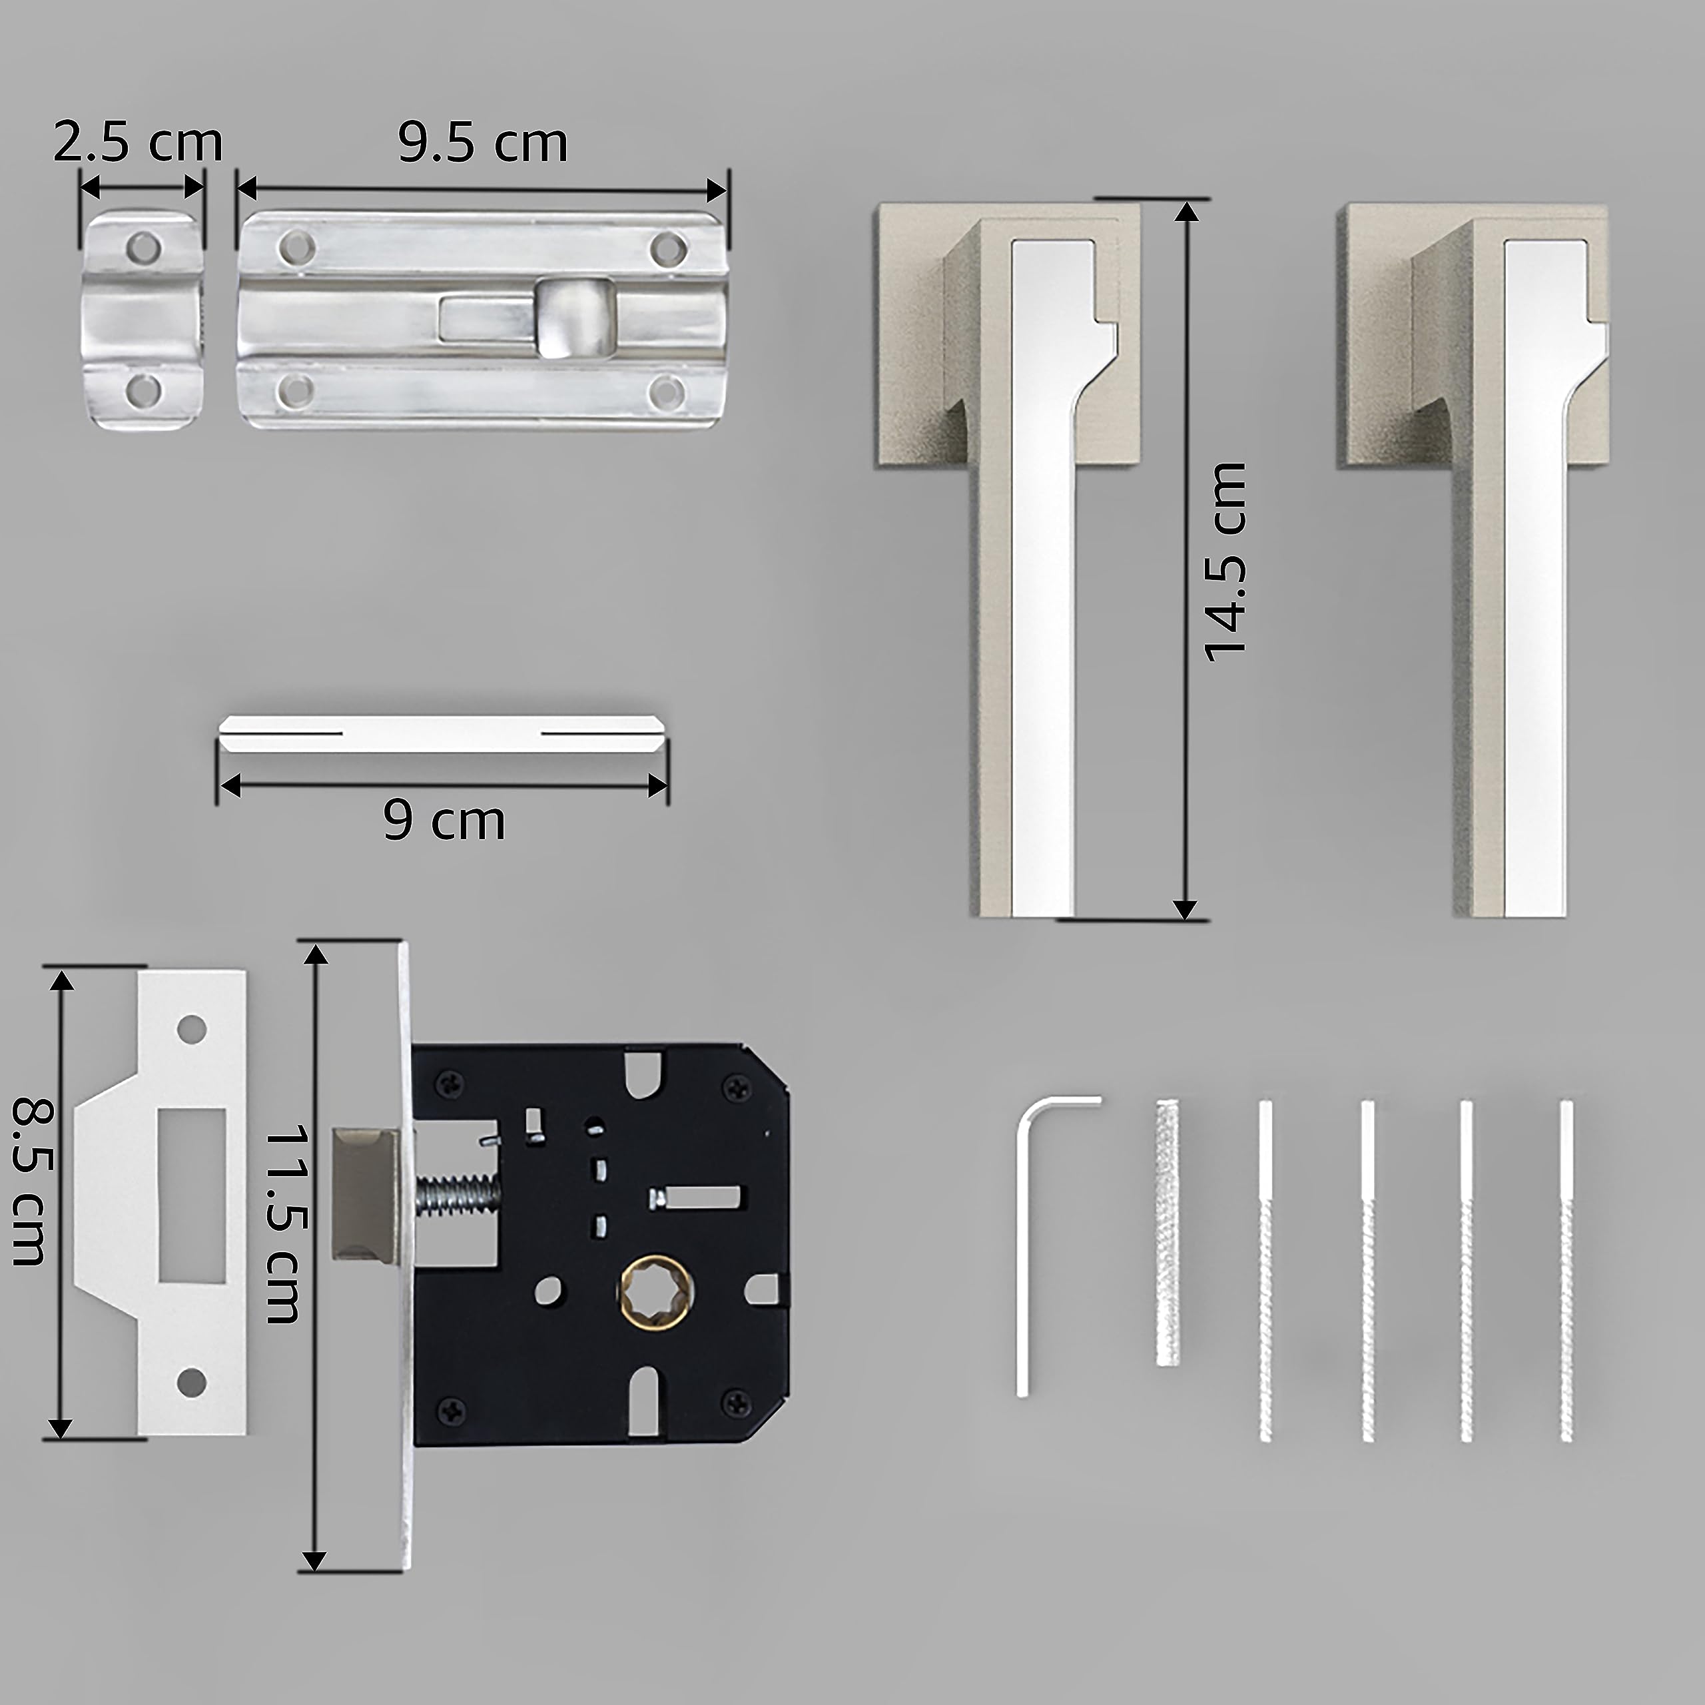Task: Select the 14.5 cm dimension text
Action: tap(1225, 562)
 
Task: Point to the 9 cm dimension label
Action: tap(445, 821)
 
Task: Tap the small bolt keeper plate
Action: tap(143, 320)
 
